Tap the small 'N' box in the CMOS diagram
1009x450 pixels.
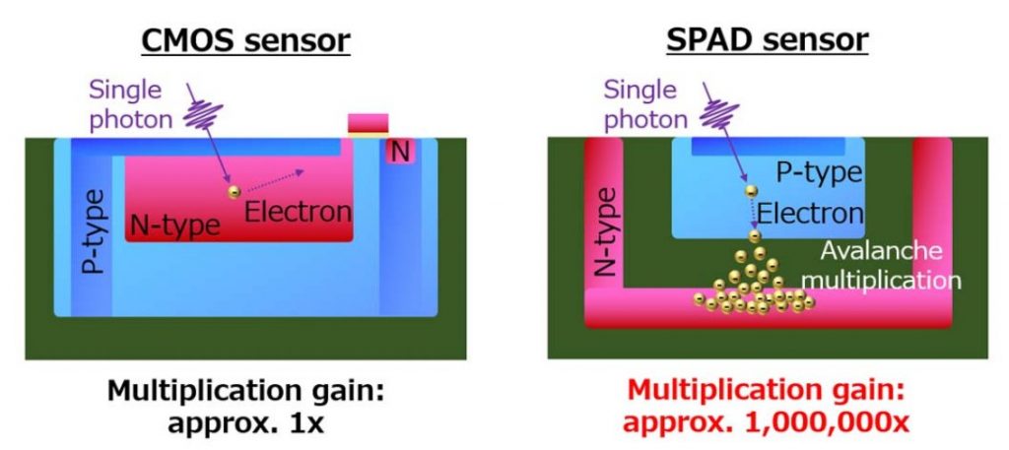click(400, 152)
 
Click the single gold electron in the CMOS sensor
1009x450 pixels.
click(235, 192)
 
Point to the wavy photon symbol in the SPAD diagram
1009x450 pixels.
click(719, 116)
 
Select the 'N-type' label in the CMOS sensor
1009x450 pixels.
click(175, 225)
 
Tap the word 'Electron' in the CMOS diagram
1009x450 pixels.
click(298, 212)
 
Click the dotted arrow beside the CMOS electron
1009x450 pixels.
click(276, 180)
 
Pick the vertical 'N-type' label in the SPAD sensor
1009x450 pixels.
click(606, 231)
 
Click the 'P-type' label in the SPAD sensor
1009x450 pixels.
click(818, 172)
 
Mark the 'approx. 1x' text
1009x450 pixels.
click(245, 423)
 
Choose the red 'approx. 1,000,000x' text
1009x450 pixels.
click(766, 423)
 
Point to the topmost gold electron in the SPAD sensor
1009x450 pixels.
click(750, 191)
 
